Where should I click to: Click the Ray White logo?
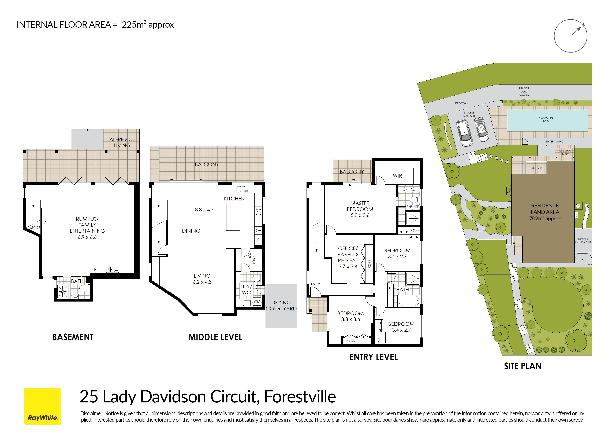coord(42,406)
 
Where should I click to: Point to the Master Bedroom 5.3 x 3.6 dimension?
coord(360,215)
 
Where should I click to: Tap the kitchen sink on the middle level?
coord(242,189)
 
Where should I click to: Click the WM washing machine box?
coord(257,302)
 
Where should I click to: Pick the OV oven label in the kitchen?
coord(258,230)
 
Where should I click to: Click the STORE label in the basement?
coord(35,228)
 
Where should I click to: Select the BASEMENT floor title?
coord(73,337)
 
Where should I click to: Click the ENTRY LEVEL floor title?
coord(374,357)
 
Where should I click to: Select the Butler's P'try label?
coord(252,260)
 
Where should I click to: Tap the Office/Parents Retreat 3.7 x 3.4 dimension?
coord(348,267)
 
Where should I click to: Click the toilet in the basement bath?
coord(83,288)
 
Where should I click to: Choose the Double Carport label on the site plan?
coord(469,114)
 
